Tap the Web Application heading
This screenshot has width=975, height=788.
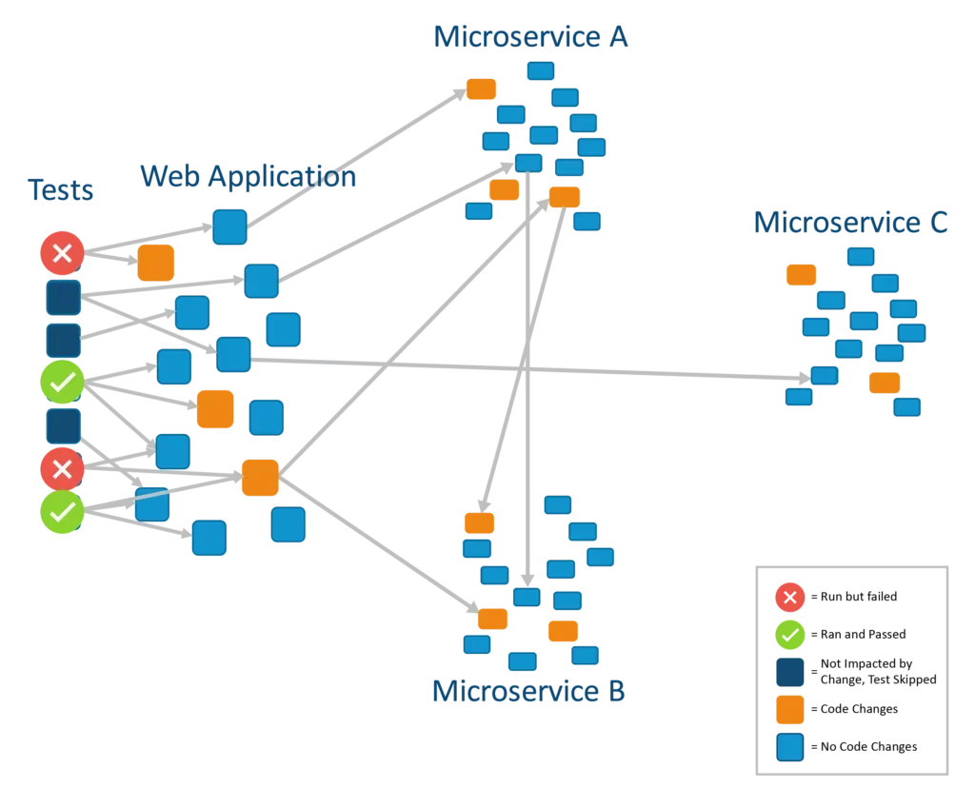click(248, 176)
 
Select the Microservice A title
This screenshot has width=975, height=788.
click(531, 38)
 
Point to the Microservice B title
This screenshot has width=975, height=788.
click(529, 692)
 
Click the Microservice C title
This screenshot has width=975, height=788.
click(851, 223)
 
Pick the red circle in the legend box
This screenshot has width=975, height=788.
click(789, 597)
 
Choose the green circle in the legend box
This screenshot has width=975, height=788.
click(789, 634)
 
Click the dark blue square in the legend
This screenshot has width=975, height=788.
click(789, 672)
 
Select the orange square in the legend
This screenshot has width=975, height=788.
click(789, 710)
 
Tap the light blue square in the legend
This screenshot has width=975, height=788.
click(789, 747)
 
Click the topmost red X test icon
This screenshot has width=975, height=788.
click(62, 253)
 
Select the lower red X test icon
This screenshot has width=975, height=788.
click(62, 468)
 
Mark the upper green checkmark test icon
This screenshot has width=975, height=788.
click(62, 383)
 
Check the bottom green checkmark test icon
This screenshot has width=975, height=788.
click(62, 512)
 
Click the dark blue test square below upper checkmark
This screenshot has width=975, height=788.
click(64, 425)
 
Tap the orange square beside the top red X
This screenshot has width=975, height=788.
click(155, 263)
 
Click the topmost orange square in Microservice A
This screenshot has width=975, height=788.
click(481, 89)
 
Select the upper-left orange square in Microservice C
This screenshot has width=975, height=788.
click(801, 275)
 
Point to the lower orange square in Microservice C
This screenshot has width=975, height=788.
click(885, 383)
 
